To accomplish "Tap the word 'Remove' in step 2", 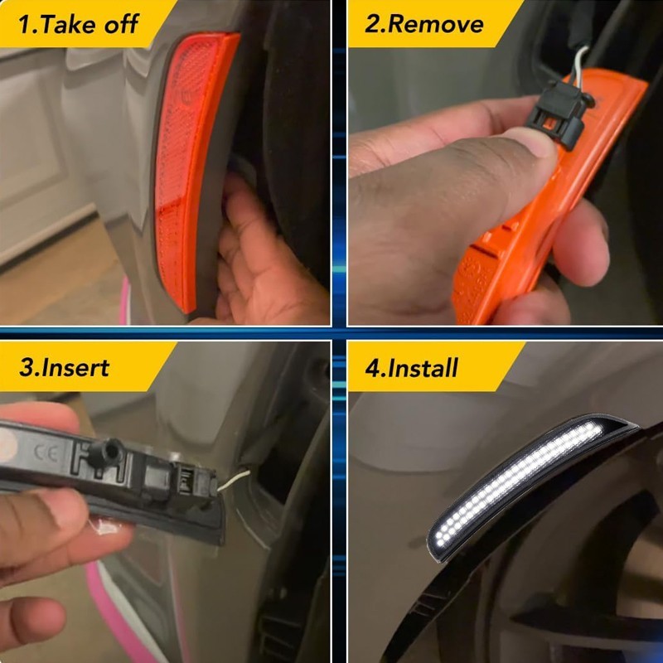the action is pyautogui.click(x=436, y=24).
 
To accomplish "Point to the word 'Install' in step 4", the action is pyautogui.click(x=423, y=368).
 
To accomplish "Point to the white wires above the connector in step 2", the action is pyautogui.click(x=578, y=65).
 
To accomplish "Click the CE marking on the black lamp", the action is pyautogui.click(x=46, y=453).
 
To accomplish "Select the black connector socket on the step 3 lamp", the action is pyautogui.click(x=191, y=483).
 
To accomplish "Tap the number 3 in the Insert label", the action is pyautogui.click(x=27, y=368).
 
